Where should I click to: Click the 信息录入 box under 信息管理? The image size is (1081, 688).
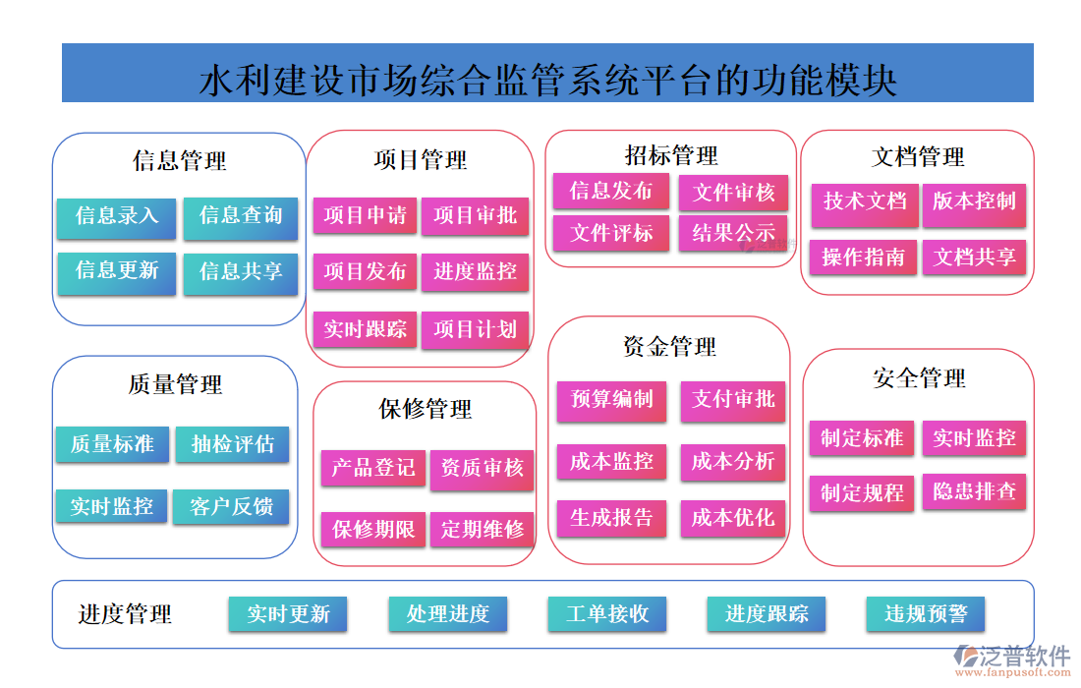116,217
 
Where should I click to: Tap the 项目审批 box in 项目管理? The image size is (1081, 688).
476,216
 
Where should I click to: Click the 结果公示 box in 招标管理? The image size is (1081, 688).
733,234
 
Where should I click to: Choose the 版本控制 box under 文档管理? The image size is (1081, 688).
974,202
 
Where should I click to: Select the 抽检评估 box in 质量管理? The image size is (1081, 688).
233,444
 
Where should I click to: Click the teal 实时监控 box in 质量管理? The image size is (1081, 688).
112,507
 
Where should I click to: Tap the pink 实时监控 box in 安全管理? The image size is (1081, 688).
974,438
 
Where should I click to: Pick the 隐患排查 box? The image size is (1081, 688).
974,490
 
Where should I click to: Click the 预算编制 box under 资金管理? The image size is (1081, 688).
611,400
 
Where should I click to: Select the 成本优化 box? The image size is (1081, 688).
733,518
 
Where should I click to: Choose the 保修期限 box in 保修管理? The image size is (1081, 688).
373,529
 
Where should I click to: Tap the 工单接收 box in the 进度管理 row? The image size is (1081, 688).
607,614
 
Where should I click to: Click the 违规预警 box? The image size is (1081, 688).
926,614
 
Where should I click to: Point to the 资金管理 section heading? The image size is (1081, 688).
669,346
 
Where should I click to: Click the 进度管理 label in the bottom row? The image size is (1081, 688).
125,615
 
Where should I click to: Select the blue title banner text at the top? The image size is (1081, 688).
547,78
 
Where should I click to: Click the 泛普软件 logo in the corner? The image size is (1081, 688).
1012,659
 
